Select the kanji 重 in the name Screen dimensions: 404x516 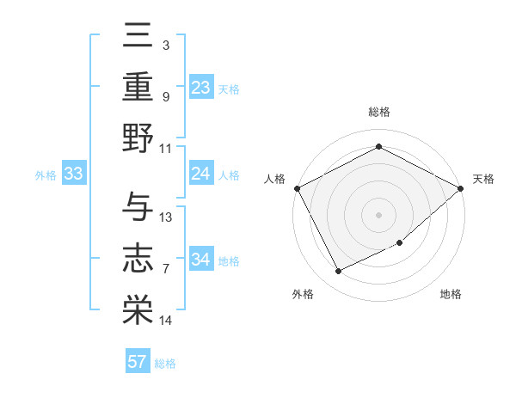[x=138, y=86]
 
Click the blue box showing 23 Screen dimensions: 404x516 [x=201, y=87]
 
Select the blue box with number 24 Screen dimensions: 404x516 [x=201, y=174]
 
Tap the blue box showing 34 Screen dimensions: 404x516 [x=201, y=260]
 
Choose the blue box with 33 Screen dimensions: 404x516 [x=73, y=174]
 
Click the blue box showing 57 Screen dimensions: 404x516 [x=138, y=362]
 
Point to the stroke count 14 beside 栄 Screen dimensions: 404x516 [x=166, y=321]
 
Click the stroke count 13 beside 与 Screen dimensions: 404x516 [x=166, y=217]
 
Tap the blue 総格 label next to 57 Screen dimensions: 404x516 [x=165, y=364]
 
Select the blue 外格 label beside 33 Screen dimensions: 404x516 [x=46, y=174]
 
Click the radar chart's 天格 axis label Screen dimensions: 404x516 [x=483, y=179]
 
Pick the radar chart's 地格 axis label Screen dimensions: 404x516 [x=451, y=294]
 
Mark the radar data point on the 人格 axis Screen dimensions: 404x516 [x=296, y=187]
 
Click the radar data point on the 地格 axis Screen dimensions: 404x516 [x=400, y=243]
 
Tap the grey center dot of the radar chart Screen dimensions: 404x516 [x=378, y=214]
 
